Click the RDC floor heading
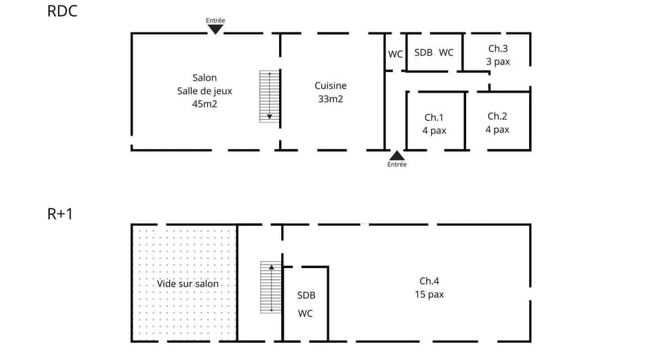tap(61, 11)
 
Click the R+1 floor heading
tap(60, 214)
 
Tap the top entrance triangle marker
tap(215, 29)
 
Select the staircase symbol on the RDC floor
tap(269, 96)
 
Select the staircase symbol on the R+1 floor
tap(271, 287)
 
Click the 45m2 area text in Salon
tap(204, 104)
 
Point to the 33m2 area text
tap(330, 99)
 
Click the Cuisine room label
tap(330, 86)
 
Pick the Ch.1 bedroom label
tap(434, 117)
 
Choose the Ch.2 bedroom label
tap(497, 116)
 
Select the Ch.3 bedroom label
tap(497, 48)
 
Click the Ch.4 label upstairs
tap(429, 281)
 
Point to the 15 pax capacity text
tap(429, 294)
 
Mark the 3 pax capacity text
tap(497, 61)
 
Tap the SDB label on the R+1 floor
tap(306, 295)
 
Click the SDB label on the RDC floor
tap(423, 53)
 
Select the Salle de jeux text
tap(204, 91)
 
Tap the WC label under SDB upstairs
tap(305, 313)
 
